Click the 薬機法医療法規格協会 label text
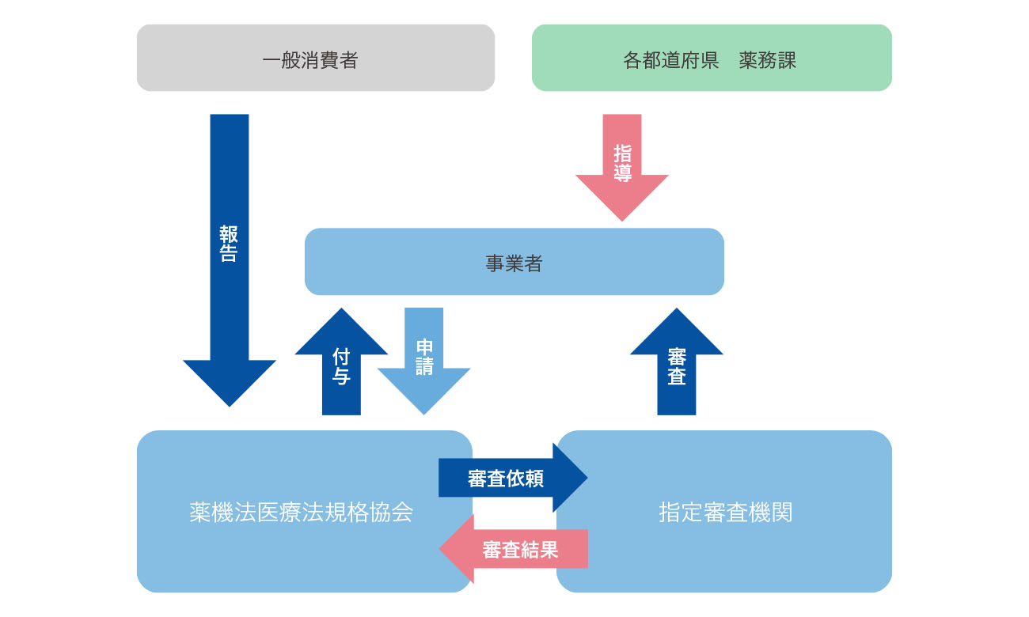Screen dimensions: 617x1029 click(302, 513)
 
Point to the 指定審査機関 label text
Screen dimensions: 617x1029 click(725, 513)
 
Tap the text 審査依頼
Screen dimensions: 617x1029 click(506, 479)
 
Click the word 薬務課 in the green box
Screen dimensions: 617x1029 click(768, 60)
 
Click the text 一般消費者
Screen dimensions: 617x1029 click(310, 60)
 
